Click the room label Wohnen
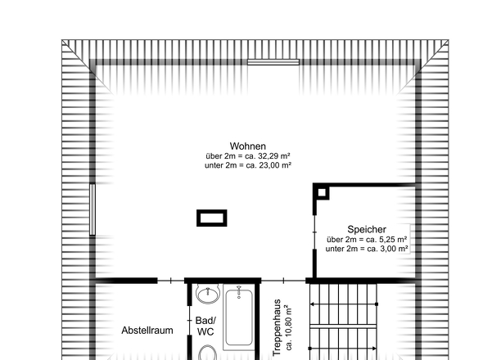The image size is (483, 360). (248, 146)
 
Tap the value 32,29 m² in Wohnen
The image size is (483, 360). (274, 155)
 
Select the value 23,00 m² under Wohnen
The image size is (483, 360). (275, 165)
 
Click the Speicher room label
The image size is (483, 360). (367, 229)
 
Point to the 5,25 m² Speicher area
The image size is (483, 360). (394, 239)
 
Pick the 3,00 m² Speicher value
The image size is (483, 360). (395, 249)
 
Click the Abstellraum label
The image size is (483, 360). (147, 331)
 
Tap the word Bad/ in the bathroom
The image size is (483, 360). (205, 321)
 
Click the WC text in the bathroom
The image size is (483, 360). (205, 332)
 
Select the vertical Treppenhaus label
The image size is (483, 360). (277, 327)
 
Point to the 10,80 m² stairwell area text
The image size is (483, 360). (288, 327)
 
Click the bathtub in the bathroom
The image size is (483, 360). (239, 317)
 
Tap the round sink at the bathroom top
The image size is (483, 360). (208, 295)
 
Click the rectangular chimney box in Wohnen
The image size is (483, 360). (212, 218)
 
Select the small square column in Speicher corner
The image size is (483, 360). (322, 193)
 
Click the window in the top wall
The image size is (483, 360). (273, 62)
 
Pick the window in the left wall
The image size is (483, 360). (93, 209)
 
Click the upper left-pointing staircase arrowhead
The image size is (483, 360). (312, 304)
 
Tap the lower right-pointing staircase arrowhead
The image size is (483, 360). (374, 349)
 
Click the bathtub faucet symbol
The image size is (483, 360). (239, 291)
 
